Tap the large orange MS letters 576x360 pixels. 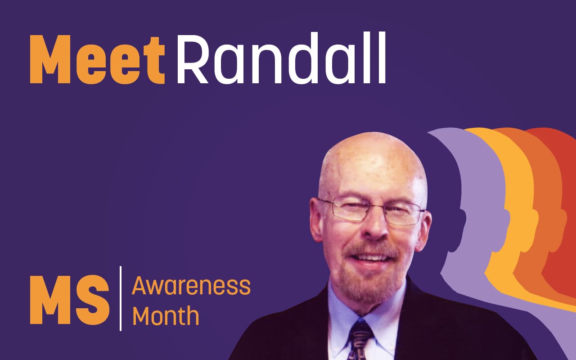point(70,299)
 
